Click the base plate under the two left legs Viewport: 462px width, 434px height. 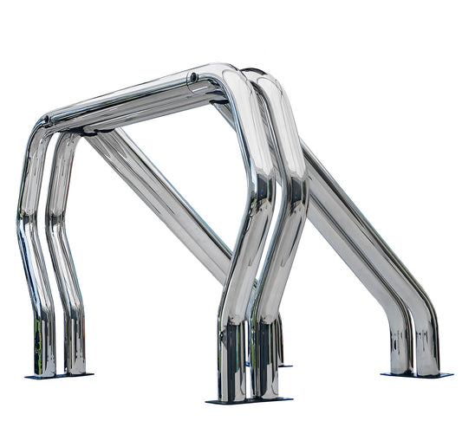(x=58, y=376)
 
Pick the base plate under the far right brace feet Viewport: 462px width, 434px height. (x=416, y=374)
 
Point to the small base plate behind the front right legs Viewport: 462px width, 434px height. (x=283, y=365)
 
